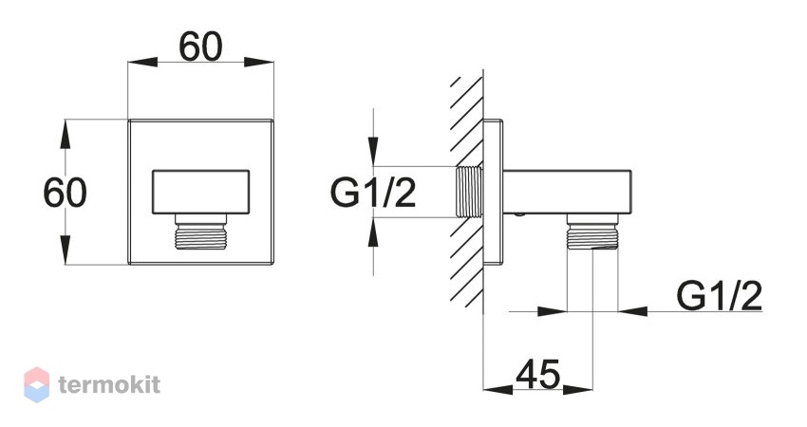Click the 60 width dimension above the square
(200, 46)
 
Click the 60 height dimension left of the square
(65, 193)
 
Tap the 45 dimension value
(537, 374)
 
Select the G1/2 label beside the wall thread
(372, 193)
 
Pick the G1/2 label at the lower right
(720, 295)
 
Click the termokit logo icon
(37, 384)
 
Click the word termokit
(109, 385)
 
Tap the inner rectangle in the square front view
(200, 192)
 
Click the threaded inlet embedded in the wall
(469, 192)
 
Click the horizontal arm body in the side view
(567, 192)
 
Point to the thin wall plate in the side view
(493, 192)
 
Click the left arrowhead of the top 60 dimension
(142, 63)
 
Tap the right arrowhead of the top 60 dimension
(259, 63)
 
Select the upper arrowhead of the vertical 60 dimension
(65, 135)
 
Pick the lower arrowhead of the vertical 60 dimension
(65, 250)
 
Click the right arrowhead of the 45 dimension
(578, 389)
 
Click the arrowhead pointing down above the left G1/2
(374, 151)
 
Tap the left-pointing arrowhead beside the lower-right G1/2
(633, 310)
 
